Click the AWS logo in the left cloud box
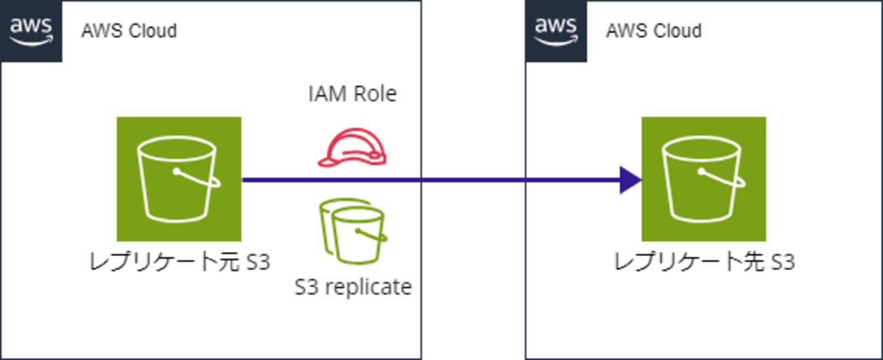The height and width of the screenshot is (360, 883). point(31,31)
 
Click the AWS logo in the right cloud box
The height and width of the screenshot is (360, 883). point(556,31)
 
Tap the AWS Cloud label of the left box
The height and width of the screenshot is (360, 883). point(129,31)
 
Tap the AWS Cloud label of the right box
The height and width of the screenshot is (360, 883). point(653,31)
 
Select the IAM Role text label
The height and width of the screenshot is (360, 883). point(352,94)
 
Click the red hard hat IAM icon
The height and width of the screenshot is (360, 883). point(352,149)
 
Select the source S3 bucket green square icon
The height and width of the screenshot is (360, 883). point(179,179)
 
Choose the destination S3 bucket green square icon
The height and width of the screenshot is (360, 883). point(704,179)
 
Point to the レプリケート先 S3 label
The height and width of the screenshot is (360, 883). point(704,262)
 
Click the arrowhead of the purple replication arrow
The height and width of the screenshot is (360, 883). point(630,180)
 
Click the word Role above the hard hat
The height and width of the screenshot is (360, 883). point(374,94)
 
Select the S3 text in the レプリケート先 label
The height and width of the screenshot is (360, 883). point(782,262)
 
